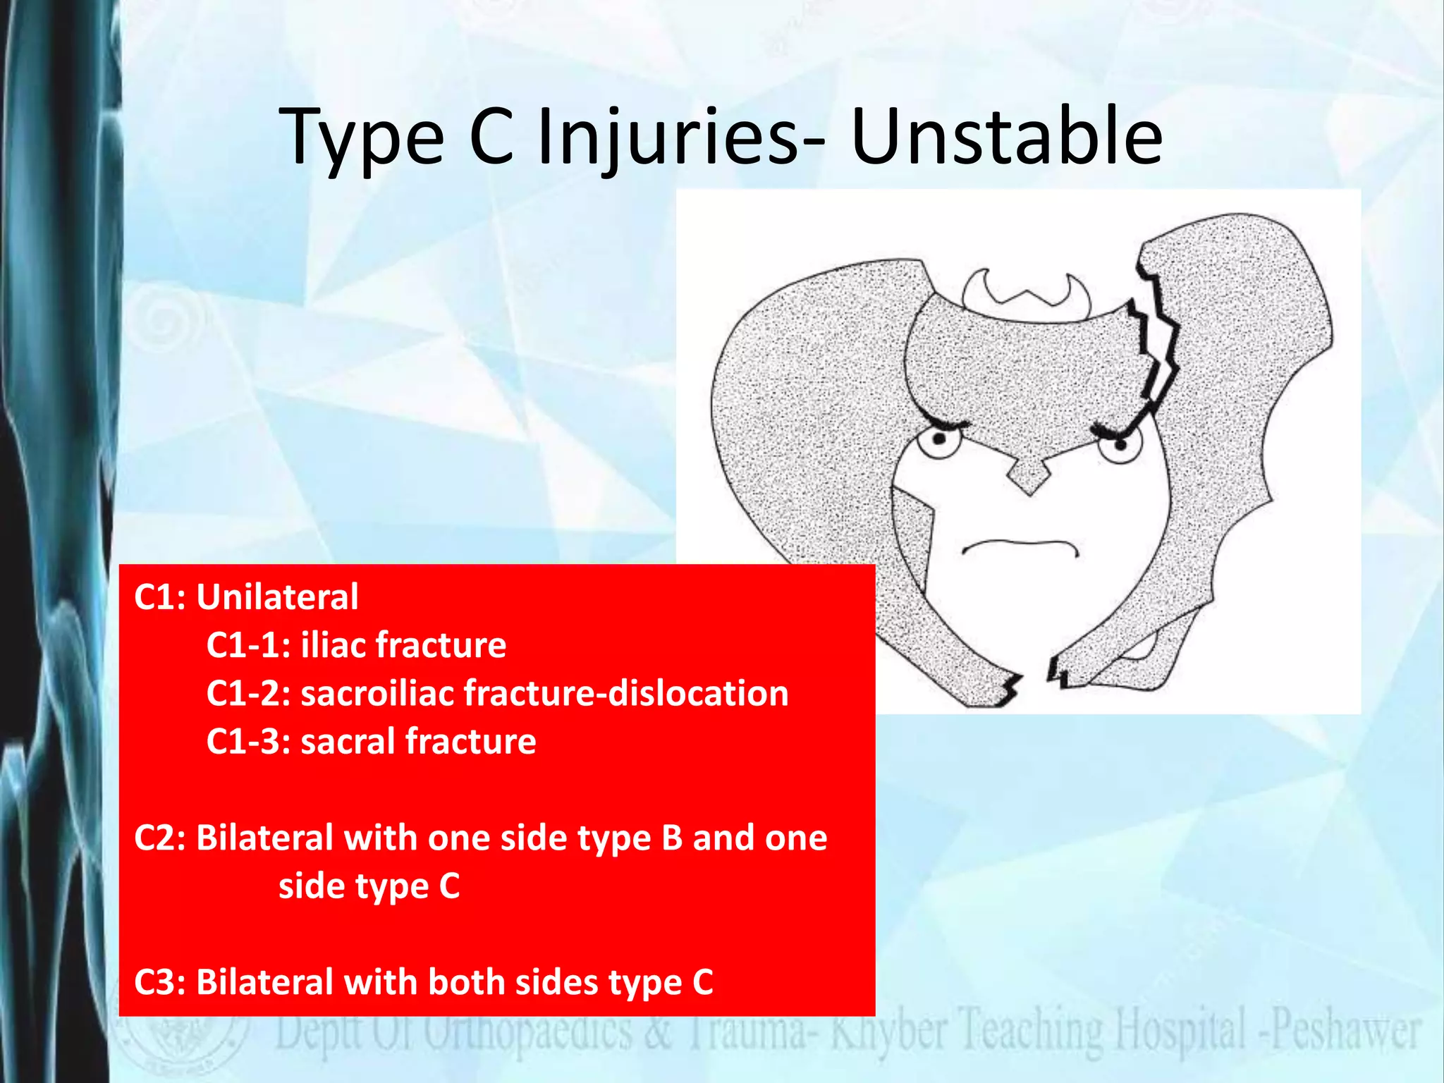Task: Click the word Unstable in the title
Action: [x=1006, y=135]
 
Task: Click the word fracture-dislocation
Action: [x=625, y=693]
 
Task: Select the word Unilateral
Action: [x=277, y=597]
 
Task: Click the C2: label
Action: [x=160, y=838]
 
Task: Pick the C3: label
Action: [x=160, y=982]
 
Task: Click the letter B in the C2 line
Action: [x=672, y=838]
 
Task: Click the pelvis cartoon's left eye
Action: [x=940, y=441]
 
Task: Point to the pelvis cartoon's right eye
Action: [x=1120, y=444]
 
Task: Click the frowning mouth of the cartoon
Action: [x=1020, y=546]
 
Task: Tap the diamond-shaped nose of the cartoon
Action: [x=1029, y=477]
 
